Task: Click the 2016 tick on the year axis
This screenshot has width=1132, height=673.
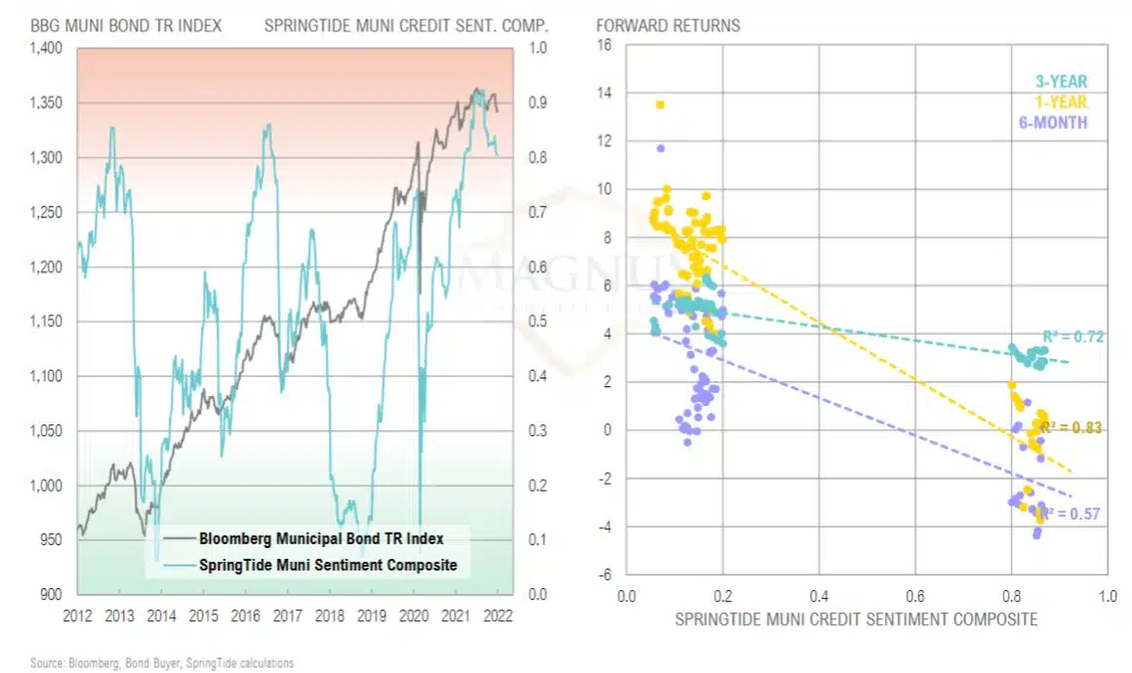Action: click(x=245, y=616)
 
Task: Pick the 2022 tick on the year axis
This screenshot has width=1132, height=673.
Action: click(x=497, y=616)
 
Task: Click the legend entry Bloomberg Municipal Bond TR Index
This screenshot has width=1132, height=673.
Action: click(x=321, y=537)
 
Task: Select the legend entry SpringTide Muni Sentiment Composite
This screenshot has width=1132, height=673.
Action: click(x=327, y=565)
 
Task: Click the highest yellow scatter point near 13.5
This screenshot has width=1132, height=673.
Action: click(x=660, y=104)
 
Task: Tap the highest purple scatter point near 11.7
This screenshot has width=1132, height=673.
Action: click(x=661, y=148)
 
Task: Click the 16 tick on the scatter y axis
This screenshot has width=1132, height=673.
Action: click(x=604, y=46)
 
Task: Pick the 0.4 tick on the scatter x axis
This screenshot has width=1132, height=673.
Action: click(x=819, y=594)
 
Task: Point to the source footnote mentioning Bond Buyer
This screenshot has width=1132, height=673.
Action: click(x=161, y=663)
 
